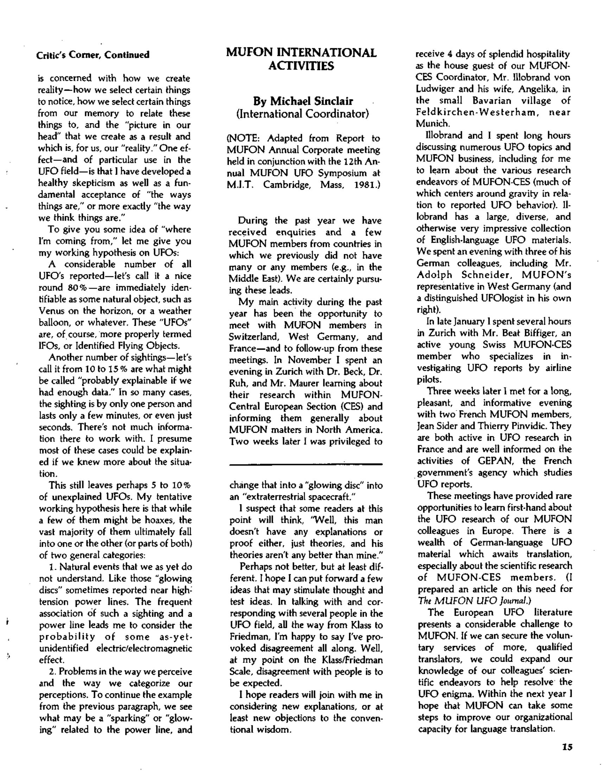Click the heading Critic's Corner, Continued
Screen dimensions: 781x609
point(93,55)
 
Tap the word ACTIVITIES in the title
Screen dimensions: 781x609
point(301,66)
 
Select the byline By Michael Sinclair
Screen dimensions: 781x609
point(303,101)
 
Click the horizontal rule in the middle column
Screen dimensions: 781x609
point(306,464)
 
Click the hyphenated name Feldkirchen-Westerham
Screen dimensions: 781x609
point(477,112)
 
